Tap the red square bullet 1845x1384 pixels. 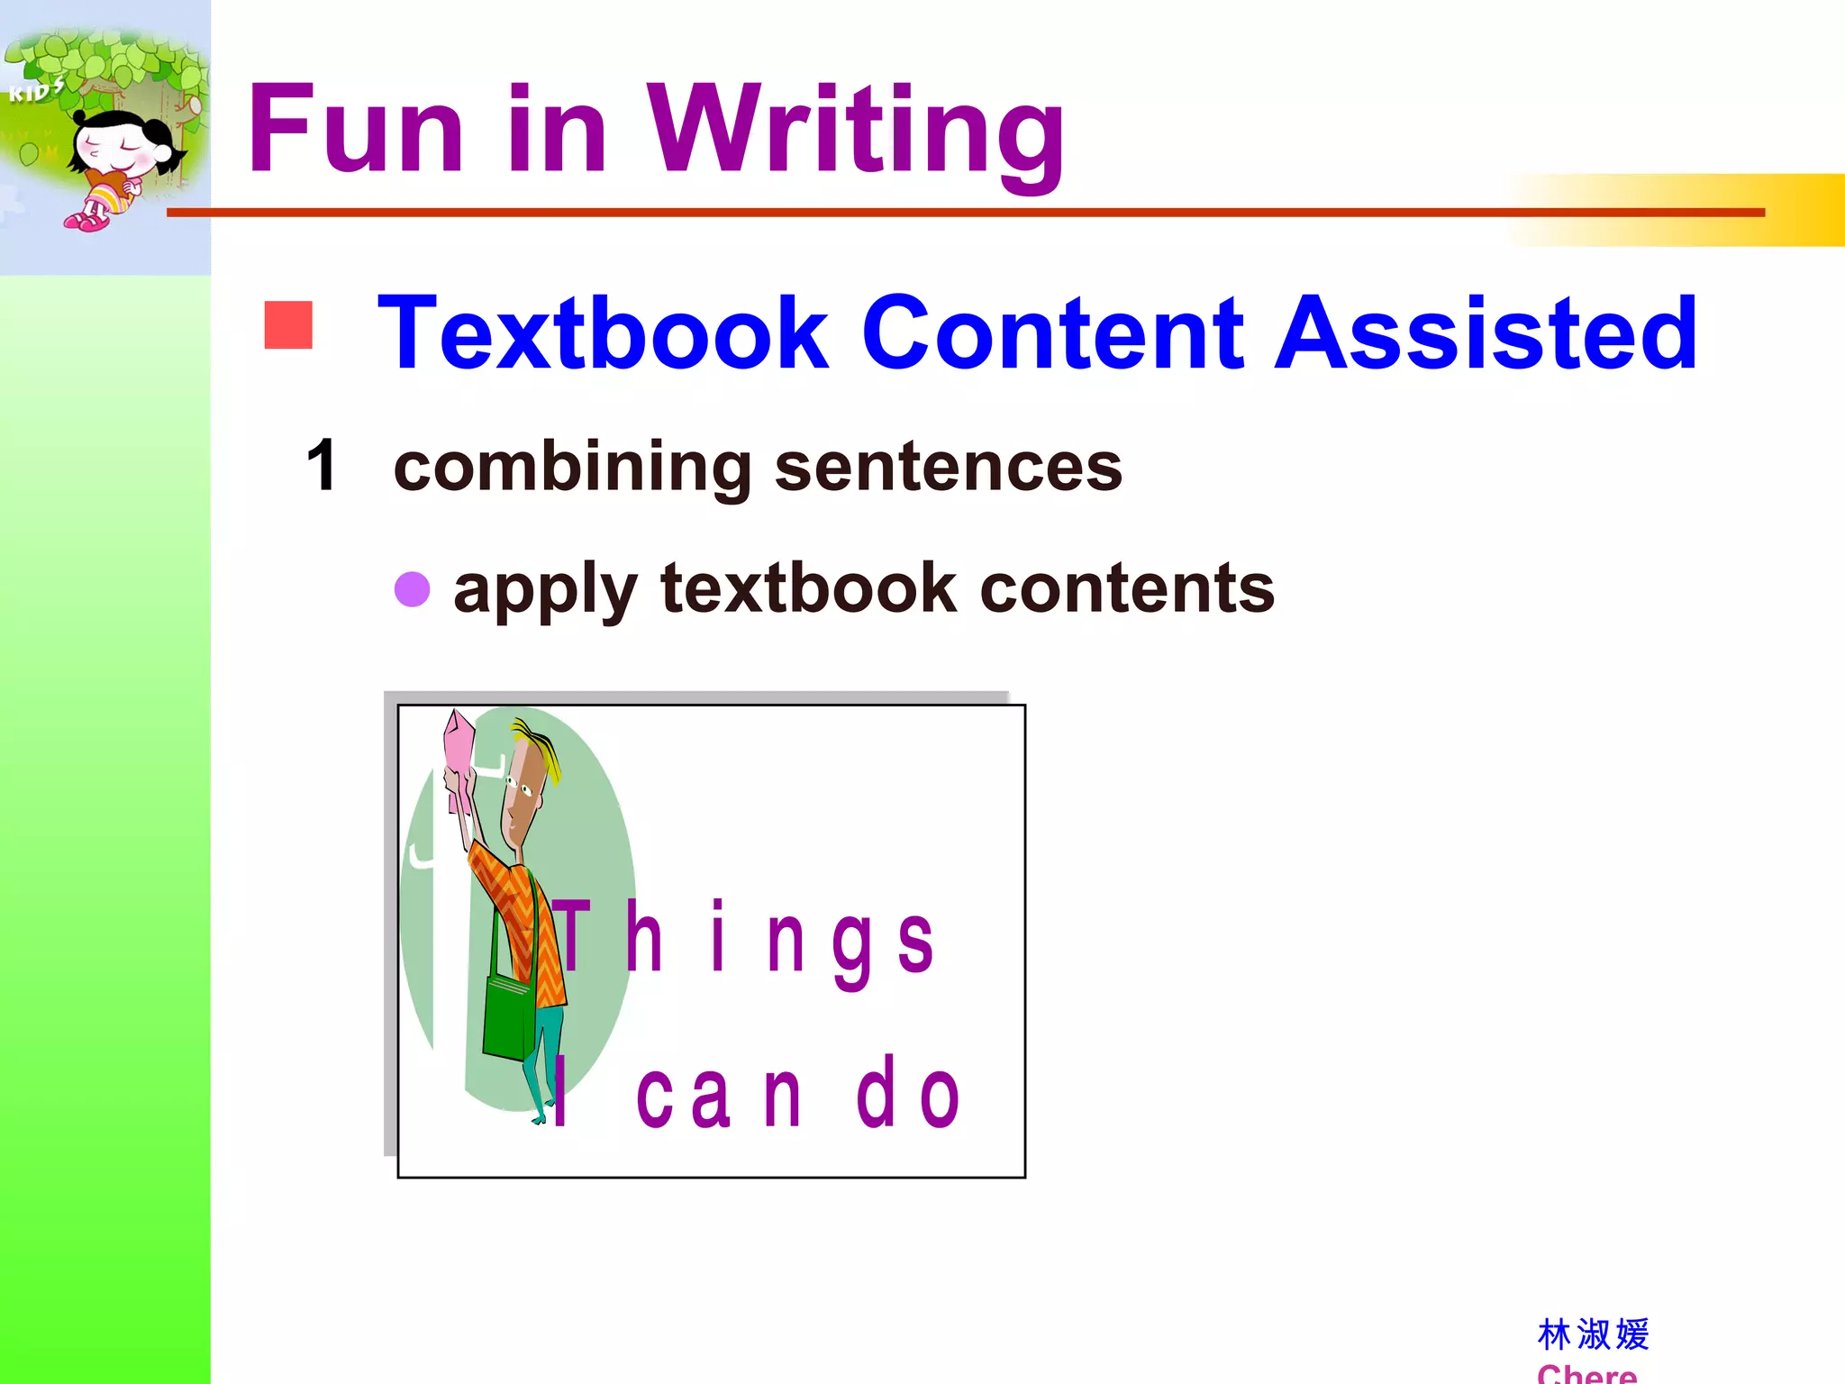click(288, 324)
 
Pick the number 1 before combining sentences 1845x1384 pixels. click(322, 466)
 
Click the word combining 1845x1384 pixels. click(572, 469)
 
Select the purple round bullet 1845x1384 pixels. click(413, 589)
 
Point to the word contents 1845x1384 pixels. click(1126, 588)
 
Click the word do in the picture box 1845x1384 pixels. click(908, 1093)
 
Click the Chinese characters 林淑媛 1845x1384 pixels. click(1593, 1334)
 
